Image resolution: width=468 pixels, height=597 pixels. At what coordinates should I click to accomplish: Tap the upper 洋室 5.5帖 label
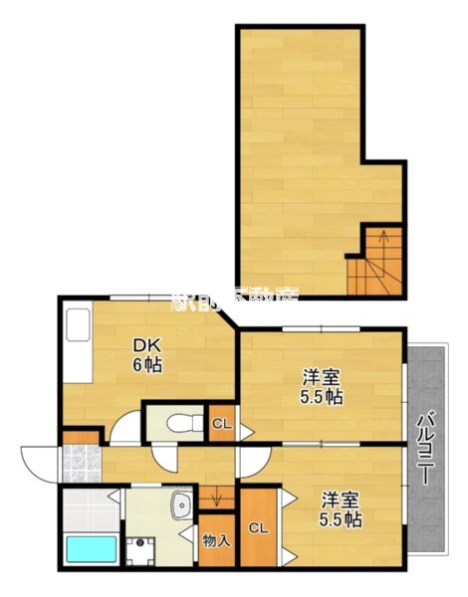click(323, 386)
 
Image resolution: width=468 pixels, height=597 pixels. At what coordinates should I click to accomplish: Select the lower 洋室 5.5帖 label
click(340, 509)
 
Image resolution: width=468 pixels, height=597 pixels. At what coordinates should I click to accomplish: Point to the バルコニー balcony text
click(423, 448)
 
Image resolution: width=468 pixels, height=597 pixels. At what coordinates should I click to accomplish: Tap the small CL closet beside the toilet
click(221, 425)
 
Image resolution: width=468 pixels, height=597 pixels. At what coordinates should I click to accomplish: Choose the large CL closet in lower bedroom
click(257, 527)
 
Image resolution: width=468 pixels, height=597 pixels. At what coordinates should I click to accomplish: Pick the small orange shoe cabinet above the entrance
click(82, 436)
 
